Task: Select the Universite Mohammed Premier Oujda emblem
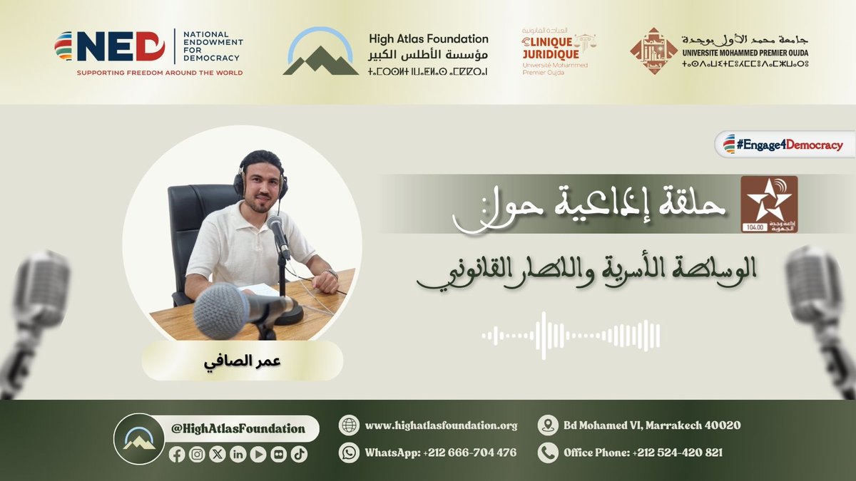click(x=653, y=51)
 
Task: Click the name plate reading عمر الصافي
click(x=242, y=360)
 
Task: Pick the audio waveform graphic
click(x=571, y=335)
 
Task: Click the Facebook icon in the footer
click(x=177, y=455)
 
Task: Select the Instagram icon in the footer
click(x=197, y=455)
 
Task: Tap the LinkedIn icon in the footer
click(x=238, y=455)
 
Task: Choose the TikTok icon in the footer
click(x=299, y=455)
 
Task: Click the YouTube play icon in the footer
click(x=258, y=455)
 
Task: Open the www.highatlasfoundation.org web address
click(x=441, y=425)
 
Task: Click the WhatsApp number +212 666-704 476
click(x=440, y=452)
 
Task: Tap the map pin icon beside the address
click(x=548, y=425)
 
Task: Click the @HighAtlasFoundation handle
click(x=238, y=429)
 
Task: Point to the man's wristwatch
click(x=331, y=274)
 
